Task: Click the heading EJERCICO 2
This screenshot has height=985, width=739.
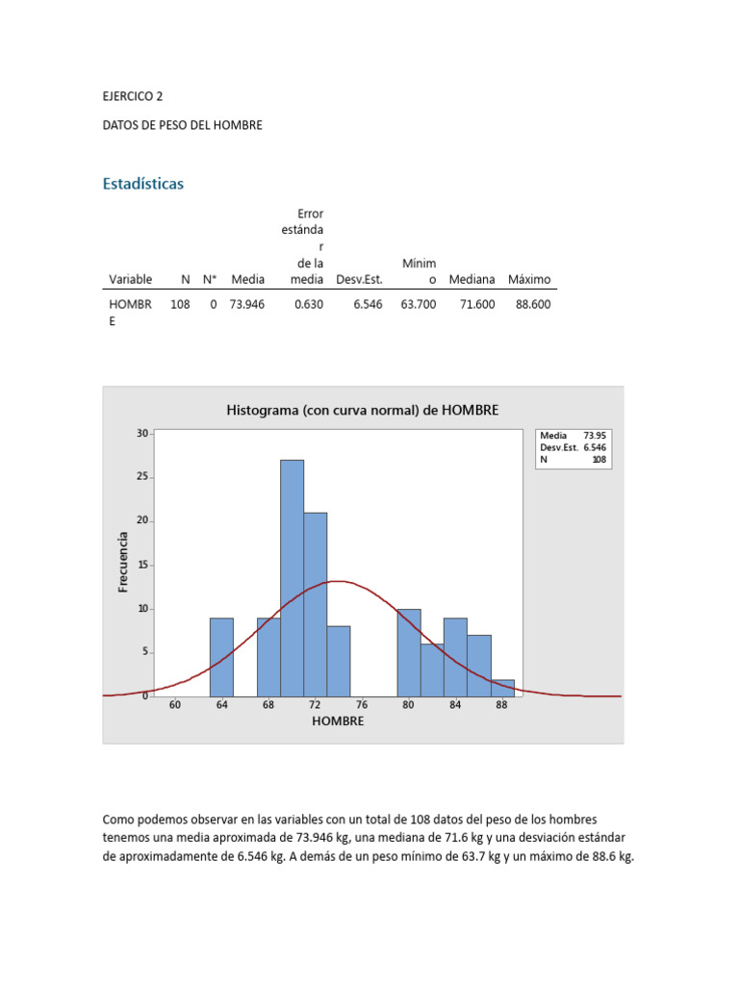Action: click(x=140, y=96)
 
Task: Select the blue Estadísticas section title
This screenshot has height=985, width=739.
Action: click(x=143, y=184)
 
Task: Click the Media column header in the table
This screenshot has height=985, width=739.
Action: click(x=247, y=280)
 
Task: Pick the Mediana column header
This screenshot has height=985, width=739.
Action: click(x=471, y=280)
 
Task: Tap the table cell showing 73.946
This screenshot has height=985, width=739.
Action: click(x=247, y=304)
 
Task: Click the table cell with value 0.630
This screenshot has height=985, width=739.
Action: click(x=308, y=304)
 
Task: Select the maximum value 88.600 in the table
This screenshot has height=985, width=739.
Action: click(x=533, y=304)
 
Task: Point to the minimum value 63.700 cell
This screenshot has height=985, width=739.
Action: click(x=418, y=304)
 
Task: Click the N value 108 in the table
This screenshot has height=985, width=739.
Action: click(x=180, y=304)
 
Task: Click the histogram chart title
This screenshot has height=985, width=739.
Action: click(x=363, y=410)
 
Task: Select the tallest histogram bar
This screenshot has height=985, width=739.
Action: click(x=293, y=577)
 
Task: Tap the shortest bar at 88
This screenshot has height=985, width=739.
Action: click(x=503, y=687)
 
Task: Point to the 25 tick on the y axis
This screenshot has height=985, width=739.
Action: click(x=142, y=477)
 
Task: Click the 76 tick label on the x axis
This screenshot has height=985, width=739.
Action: click(x=362, y=705)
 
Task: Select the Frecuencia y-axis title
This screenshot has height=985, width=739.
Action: click(x=123, y=562)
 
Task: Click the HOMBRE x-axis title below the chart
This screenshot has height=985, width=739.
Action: click(x=338, y=720)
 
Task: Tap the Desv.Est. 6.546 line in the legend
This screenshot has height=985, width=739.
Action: click(x=573, y=447)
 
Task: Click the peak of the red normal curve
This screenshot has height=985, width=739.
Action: click(x=337, y=581)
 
